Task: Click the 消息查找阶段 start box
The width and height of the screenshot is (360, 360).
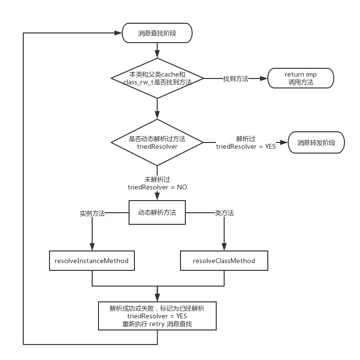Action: click(x=157, y=33)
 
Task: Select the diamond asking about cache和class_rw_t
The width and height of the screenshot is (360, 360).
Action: click(x=157, y=78)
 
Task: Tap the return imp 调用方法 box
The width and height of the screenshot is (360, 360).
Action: click(x=300, y=78)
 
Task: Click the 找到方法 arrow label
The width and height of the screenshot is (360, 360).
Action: click(x=235, y=78)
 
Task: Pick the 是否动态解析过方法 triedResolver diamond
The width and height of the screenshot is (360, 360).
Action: click(x=157, y=142)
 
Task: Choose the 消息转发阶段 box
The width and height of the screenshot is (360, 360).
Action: click(x=316, y=142)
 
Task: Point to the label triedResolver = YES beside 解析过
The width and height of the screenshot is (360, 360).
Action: click(x=246, y=146)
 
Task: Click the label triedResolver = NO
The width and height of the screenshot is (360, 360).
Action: click(x=157, y=187)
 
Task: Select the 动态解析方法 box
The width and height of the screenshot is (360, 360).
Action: click(x=157, y=212)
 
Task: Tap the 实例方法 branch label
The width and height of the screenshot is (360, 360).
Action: click(x=92, y=213)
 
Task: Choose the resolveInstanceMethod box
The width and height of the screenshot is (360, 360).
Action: click(x=92, y=261)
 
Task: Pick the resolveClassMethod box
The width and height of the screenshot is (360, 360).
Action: click(x=224, y=261)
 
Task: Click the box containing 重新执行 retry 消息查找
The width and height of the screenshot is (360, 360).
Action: click(x=157, y=316)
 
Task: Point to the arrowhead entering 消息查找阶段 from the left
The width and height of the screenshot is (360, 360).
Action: click(x=118, y=33)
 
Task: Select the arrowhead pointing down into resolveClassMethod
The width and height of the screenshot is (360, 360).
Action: click(x=224, y=248)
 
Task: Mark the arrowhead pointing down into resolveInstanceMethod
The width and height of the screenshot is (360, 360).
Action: click(x=92, y=248)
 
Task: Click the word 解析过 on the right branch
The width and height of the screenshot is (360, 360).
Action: click(x=246, y=139)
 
